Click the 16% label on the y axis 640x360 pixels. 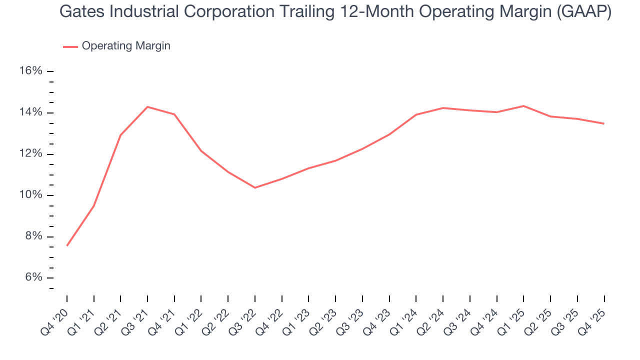(30, 71)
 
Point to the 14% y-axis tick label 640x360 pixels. (30, 112)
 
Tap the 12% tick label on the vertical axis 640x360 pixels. (30, 154)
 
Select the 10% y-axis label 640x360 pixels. (30, 195)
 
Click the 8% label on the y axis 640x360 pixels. (33, 236)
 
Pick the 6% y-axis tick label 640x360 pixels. (33, 278)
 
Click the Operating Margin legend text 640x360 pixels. (126, 46)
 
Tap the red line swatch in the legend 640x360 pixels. (70, 46)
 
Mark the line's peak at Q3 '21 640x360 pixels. (147, 106)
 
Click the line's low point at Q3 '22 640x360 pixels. (255, 187)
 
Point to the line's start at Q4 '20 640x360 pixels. (67, 245)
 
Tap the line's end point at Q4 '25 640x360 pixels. (604, 123)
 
